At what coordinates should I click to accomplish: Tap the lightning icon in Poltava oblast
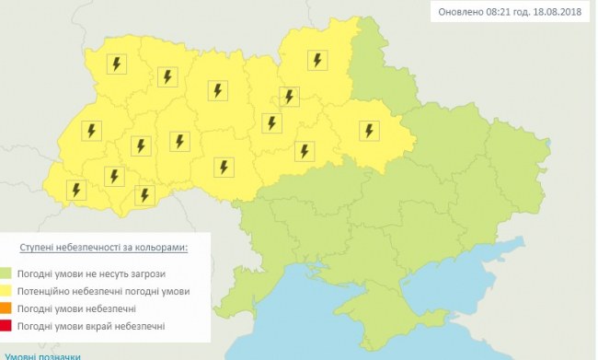pyautogui.click(x=369, y=131)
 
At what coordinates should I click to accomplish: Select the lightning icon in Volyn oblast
pyautogui.click(x=116, y=64)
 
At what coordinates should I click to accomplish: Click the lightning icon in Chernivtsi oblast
pyautogui.click(x=144, y=194)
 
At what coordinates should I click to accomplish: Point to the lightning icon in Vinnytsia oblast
pyautogui.click(x=222, y=167)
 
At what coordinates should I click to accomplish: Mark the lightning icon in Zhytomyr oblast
pyautogui.click(x=219, y=90)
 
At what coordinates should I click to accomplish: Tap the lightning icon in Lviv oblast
pyautogui.click(x=90, y=131)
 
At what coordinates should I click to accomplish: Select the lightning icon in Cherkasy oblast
pyautogui.click(x=302, y=149)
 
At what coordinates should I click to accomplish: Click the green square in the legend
pyautogui.click(x=9, y=273)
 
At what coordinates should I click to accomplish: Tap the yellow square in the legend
pyautogui.click(x=9, y=291)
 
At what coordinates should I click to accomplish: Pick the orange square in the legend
pyautogui.click(x=9, y=308)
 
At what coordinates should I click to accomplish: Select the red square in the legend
pyautogui.click(x=9, y=325)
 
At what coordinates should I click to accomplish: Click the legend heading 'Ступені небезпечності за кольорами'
pyautogui.click(x=104, y=249)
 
